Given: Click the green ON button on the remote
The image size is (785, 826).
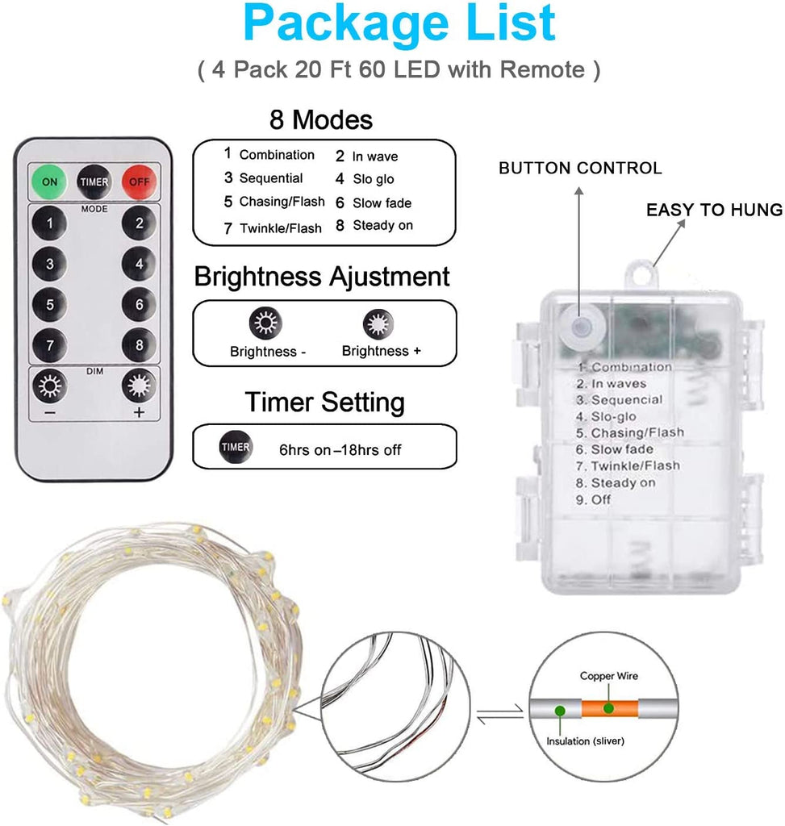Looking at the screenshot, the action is (49, 181).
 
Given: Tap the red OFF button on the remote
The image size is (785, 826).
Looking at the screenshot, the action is (139, 181).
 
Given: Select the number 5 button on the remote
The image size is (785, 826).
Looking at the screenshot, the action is (49, 304).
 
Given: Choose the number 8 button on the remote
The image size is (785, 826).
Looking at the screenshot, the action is (139, 345).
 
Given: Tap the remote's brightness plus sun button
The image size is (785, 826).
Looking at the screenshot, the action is (139, 386).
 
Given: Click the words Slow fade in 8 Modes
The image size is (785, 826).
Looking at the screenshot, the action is (382, 202).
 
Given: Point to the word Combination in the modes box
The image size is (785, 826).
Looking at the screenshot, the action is (277, 154).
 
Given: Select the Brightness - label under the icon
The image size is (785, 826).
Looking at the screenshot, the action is (268, 352).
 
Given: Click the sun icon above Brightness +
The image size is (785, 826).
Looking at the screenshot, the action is (378, 324).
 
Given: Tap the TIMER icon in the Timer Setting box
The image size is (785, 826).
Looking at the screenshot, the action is (236, 447).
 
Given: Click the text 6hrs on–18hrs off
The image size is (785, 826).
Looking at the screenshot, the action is (340, 450).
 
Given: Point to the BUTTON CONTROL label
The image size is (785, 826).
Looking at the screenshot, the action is (580, 168).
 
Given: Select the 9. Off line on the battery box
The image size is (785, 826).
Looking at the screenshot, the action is (593, 499).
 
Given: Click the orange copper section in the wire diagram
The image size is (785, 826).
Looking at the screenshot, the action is (610, 708).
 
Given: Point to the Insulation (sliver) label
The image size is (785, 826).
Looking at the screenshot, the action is (585, 741).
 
